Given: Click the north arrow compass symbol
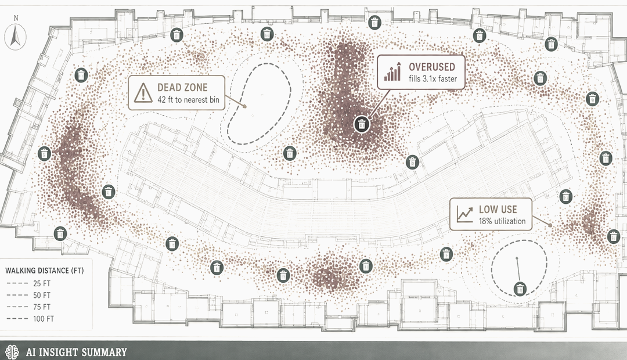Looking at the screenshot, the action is pos(15,35).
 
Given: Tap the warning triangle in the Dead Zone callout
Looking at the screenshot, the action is pos(143,93).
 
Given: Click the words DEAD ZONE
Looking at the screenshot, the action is pos(182,88).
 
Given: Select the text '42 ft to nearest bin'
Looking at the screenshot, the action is pos(188,100).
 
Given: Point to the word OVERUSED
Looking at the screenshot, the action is pos(432,67).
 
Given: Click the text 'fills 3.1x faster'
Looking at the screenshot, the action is pos(433,79).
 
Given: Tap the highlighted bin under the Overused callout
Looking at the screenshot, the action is pos(362,124).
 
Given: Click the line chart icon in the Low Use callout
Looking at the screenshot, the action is pos(464,214).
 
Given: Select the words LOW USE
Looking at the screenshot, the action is pos(498,209).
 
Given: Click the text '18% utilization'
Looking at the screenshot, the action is pos(502,221).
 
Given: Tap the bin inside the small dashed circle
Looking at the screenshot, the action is pos(520,288).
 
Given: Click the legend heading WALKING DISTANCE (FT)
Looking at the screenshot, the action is pos(44,271).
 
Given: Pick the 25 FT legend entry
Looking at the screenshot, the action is pos(29,283).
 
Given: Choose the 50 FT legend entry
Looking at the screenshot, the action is pos(29,295).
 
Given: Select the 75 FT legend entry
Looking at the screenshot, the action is pos(29,307).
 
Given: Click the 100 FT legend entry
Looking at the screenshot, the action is pos(30,319).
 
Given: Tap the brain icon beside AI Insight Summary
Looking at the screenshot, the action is pos(12,352).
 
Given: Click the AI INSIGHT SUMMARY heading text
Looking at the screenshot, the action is pos(77,352).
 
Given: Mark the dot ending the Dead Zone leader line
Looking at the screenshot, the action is pos(244,106).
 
